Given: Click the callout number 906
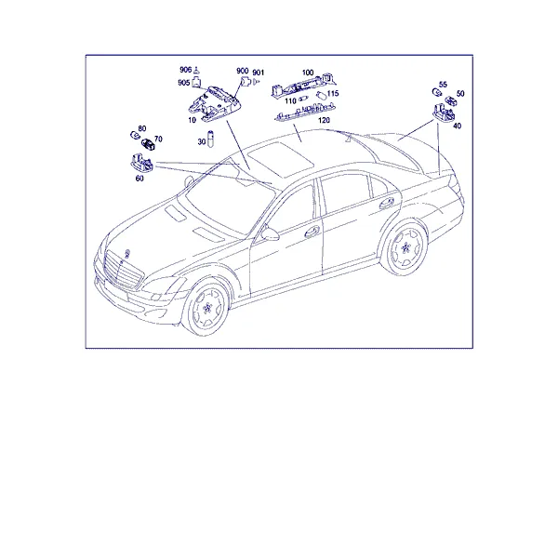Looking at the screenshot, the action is point(185,70).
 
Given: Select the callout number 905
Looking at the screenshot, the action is point(183,83).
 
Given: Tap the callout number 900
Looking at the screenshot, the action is point(243,71).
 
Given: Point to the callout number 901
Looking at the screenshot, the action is point(259,73).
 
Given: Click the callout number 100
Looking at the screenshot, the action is point(308,73).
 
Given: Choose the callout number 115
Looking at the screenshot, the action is point(333,94).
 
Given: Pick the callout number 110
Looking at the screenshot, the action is point(290,101).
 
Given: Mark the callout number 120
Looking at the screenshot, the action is point(324,120).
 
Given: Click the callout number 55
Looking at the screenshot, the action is point(443,85).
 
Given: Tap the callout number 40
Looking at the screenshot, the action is point(458,126).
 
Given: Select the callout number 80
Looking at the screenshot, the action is point(142,128).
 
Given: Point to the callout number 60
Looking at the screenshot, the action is point(139,179).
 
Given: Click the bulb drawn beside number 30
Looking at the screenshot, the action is point(210,139).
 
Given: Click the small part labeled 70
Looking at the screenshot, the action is point(148,144).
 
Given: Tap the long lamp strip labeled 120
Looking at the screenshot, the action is point(305,111).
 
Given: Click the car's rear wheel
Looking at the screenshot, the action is point(405,247).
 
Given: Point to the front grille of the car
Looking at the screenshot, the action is point(123,270).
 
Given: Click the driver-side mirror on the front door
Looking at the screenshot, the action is point(270,233).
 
